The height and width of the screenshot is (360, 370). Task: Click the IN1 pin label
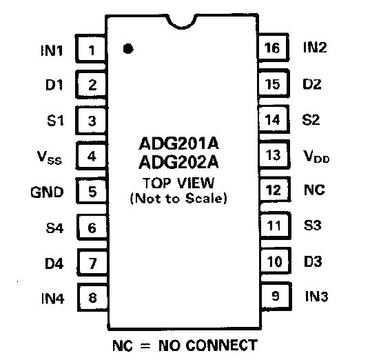pos(52,50)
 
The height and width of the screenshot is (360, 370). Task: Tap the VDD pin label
pos(316,157)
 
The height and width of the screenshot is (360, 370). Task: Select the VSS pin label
pos(50,157)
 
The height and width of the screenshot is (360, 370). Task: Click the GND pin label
pos(47,192)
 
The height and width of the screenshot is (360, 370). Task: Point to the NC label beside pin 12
pos(314,190)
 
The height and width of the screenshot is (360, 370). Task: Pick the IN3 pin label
pos(316,297)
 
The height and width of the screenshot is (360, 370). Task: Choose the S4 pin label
pos(54,228)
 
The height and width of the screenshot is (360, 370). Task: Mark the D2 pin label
pos(312,84)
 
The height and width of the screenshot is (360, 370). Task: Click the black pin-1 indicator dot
pos(128,49)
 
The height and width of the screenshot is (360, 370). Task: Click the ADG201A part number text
pos(179,143)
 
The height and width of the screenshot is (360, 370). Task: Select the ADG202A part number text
pos(179,162)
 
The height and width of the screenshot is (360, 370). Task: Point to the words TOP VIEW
pos(178,183)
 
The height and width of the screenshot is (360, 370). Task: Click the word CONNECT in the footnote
pos(222,346)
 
